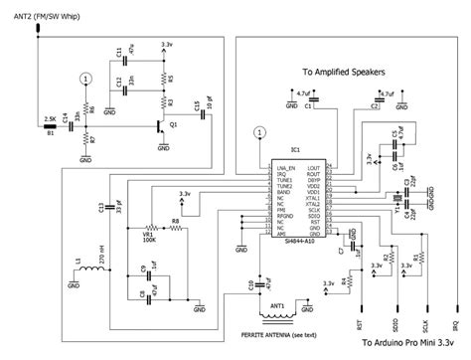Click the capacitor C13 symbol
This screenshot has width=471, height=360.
(x=112, y=206)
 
